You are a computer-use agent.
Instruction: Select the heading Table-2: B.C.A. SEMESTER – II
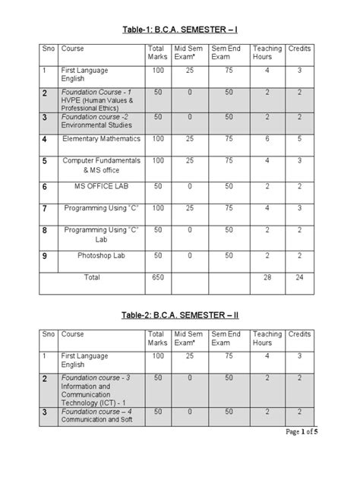[179, 314]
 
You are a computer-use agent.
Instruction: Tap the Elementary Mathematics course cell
[101, 139]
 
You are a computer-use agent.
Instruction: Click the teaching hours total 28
[267, 278]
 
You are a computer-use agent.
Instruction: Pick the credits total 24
[299, 278]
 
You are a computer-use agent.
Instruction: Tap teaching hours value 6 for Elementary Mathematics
[267, 139]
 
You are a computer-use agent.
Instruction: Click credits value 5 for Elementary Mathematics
[299, 139]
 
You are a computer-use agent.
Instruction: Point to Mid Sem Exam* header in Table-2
[190, 338]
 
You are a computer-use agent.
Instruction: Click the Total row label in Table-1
[92, 278]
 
